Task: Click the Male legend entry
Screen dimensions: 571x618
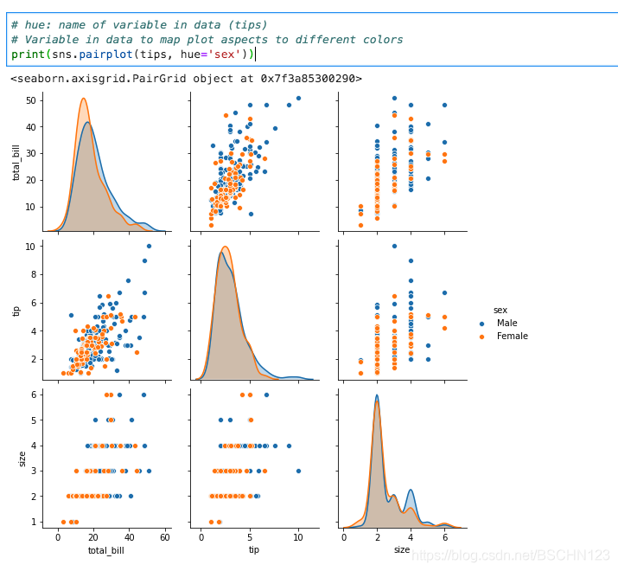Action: (x=507, y=323)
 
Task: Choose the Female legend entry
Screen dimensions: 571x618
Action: (x=512, y=337)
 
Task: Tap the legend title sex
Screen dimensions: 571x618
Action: (x=500, y=309)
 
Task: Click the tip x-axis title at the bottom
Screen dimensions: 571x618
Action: (x=254, y=550)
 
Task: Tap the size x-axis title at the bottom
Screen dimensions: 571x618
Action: (x=402, y=550)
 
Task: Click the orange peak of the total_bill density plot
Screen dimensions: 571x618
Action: (x=84, y=99)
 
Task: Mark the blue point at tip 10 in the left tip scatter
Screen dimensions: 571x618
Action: (x=149, y=246)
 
